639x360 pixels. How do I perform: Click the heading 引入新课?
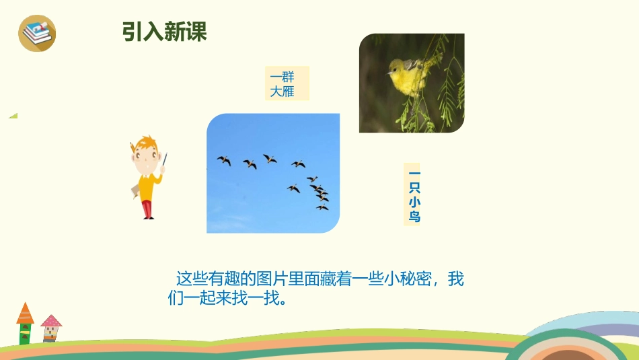click(x=164, y=31)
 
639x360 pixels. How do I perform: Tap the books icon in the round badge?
click(x=37, y=33)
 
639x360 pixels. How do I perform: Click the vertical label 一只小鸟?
click(x=414, y=194)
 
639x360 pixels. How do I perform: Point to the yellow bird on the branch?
click(x=408, y=75)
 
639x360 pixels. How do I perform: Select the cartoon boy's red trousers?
click(x=148, y=207)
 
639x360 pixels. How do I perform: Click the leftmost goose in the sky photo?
click(x=224, y=161)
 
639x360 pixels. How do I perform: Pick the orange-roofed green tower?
click(x=25, y=324)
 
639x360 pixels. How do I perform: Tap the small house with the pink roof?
click(x=51, y=328)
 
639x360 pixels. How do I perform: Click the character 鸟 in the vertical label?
click(x=414, y=217)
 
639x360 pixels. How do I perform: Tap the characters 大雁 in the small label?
click(x=283, y=92)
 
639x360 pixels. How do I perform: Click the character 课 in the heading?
click(x=196, y=31)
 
